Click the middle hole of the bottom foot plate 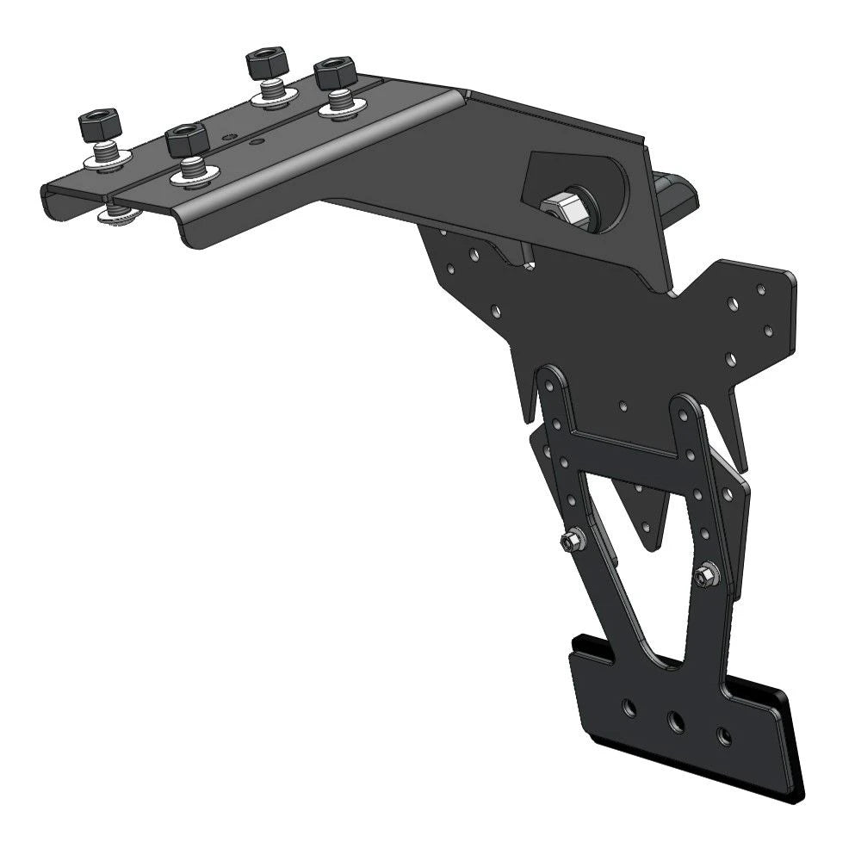click(x=677, y=722)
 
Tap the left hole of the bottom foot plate click(x=630, y=708)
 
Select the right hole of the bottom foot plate click(x=724, y=736)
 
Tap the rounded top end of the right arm click(x=686, y=405)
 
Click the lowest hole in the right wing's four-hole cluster click(x=731, y=357)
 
